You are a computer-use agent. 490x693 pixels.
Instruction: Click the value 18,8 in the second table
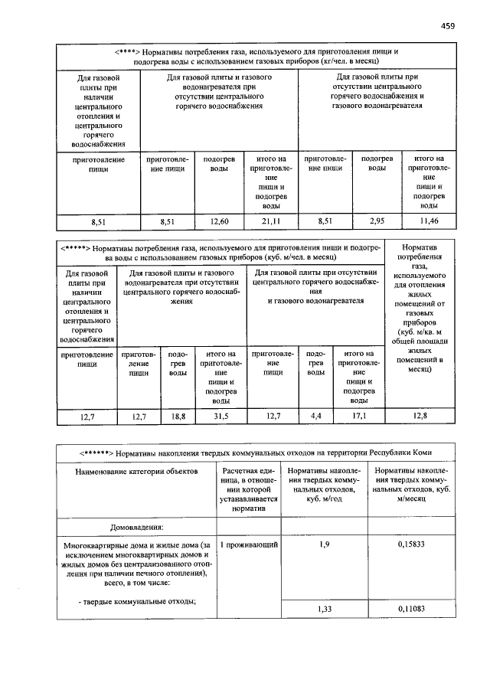coord(178,416)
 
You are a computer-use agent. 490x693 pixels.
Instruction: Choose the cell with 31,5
coord(221,416)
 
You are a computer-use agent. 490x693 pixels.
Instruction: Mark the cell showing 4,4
coord(316,416)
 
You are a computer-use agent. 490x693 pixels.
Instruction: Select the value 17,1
coord(358,416)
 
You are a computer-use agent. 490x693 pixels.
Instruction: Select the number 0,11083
coord(411,608)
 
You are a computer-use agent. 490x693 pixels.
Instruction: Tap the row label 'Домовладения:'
coord(137,527)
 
